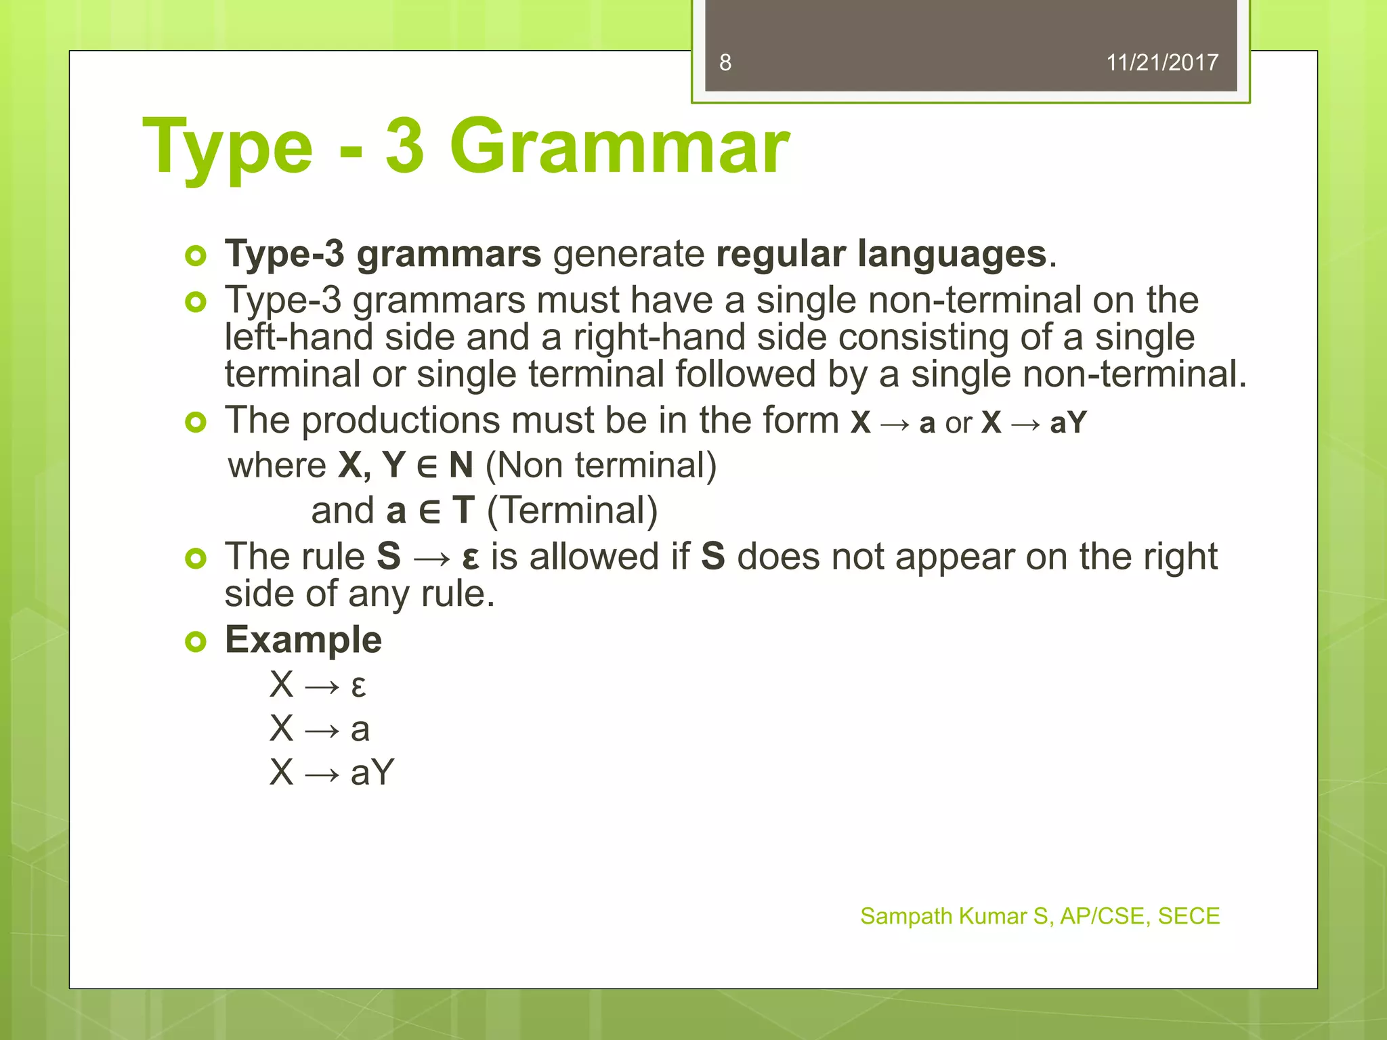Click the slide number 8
coord(725,63)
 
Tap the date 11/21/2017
coord(1161,63)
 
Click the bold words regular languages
coord(881,255)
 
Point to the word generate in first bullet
coord(628,255)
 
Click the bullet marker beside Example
coord(195,641)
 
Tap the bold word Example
coord(303,640)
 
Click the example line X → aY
coord(331,772)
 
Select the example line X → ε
coord(318,685)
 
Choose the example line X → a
coord(319,729)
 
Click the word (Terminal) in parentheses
coord(572,511)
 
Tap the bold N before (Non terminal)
coord(461,466)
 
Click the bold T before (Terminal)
coord(464,511)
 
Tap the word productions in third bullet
coord(400,420)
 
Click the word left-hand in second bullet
coord(299,337)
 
